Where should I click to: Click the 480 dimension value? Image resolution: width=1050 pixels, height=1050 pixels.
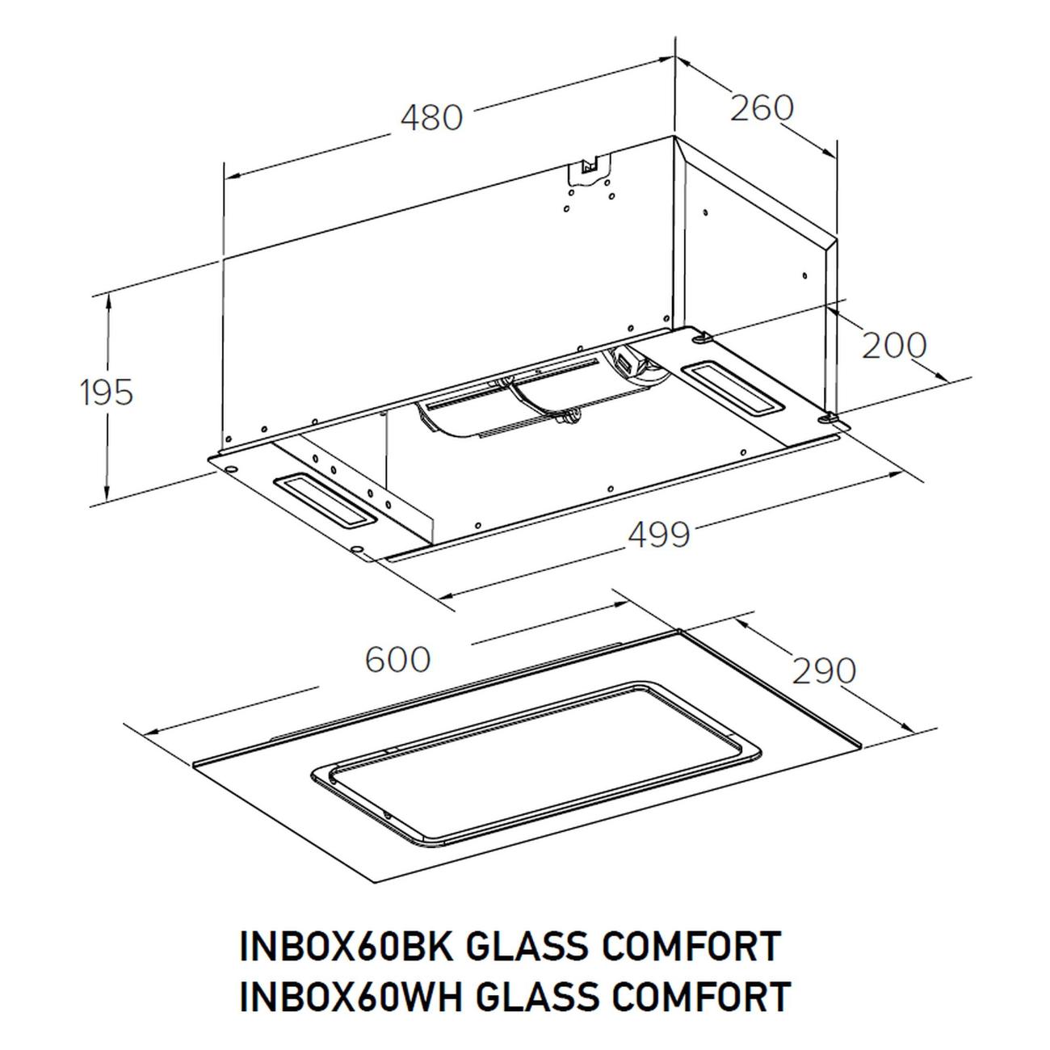[431, 118]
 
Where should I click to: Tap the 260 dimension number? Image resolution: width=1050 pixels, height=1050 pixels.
[761, 108]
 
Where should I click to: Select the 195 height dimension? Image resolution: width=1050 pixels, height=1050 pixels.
[107, 393]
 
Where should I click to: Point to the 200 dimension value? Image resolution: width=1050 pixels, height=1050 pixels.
[893, 346]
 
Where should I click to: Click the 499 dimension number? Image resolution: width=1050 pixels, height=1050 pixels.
[659, 535]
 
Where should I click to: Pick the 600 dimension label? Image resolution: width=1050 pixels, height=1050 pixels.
[397, 660]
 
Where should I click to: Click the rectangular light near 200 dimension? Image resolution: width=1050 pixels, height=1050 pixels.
[734, 389]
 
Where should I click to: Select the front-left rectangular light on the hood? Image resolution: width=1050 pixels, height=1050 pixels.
[325, 500]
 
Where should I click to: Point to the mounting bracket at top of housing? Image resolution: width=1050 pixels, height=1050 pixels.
[591, 170]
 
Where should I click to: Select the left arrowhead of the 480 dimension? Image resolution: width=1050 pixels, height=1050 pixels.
[233, 175]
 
